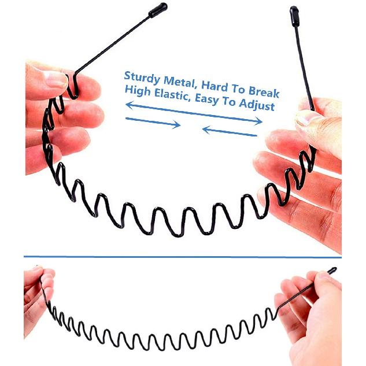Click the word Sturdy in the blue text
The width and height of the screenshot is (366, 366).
[x=142, y=77]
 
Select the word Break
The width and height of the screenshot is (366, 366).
[x=264, y=91]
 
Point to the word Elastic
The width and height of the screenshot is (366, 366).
[x=172, y=94]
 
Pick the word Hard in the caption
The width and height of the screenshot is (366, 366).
[x=215, y=86]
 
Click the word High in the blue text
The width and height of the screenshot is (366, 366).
[x=138, y=91]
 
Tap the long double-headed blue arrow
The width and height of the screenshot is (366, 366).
[x=194, y=113]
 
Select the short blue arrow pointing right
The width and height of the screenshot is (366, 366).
[x=153, y=122]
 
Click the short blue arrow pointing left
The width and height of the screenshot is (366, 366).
[x=230, y=131]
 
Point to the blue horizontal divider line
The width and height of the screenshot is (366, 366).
[x=183, y=257]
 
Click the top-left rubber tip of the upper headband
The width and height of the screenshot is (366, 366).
[x=158, y=10]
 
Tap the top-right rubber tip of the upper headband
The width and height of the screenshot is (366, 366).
[x=294, y=16]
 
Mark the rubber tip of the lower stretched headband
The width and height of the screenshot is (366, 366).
[x=332, y=271]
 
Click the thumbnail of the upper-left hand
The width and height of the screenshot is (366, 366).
[x=56, y=79]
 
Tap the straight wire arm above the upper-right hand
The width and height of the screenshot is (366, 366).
[x=304, y=68]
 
